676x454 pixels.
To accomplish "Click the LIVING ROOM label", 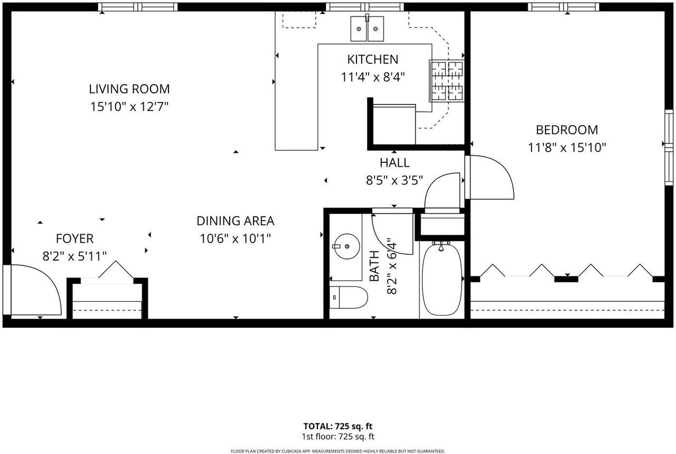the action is pyautogui.click(x=129, y=89).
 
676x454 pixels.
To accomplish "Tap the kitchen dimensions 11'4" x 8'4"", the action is pyautogui.click(x=373, y=77).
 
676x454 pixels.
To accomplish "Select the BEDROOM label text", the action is pyautogui.click(x=567, y=130).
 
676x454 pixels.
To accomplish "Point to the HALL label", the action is pyautogui.click(x=395, y=162).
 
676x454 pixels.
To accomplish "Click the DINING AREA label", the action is pyautogui.click(x=236, y=221).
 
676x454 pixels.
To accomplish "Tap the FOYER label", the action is pyautogui.click(x=74, y=239).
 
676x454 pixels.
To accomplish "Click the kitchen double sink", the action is pyautogui.click(x=367, y=29).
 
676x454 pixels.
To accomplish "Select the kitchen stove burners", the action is pyautogui.click(x=447, y=81).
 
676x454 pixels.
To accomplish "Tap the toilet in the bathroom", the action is pyautogui.click(x=349, y=297).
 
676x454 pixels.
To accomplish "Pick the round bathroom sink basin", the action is pyautogui.click(x=347, y=246).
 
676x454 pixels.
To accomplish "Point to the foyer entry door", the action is pyautogui.click(x=32, y=290).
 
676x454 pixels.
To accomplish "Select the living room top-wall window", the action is pyautogui.click(x=138, y=7).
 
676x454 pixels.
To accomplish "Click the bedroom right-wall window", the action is pyautogui.click(x=669, y=147).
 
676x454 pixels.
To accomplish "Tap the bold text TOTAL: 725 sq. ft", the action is pyautogui.click(x=337, y=426).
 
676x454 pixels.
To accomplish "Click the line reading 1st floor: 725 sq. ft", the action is pyautogui.click(x=337, y=437).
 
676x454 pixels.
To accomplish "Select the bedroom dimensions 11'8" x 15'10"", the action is pyautogui.click(x=567, y=147).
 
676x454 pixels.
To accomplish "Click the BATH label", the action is pyautogui.click(x=374, y=266).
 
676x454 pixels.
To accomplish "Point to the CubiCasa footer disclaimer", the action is pyautogui.click(x=337, y=451).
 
